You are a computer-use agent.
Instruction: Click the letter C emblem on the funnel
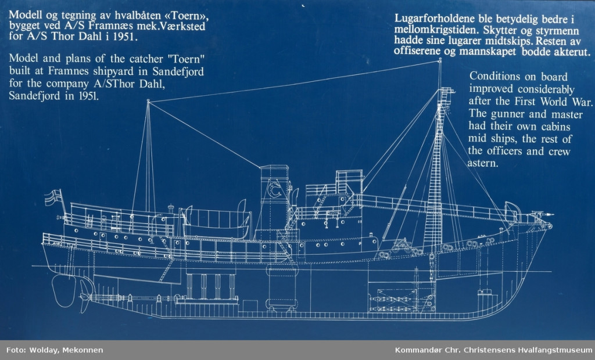[273, 191]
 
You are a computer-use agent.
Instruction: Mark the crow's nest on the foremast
[446, 93]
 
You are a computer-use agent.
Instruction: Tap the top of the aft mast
[148, 102]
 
